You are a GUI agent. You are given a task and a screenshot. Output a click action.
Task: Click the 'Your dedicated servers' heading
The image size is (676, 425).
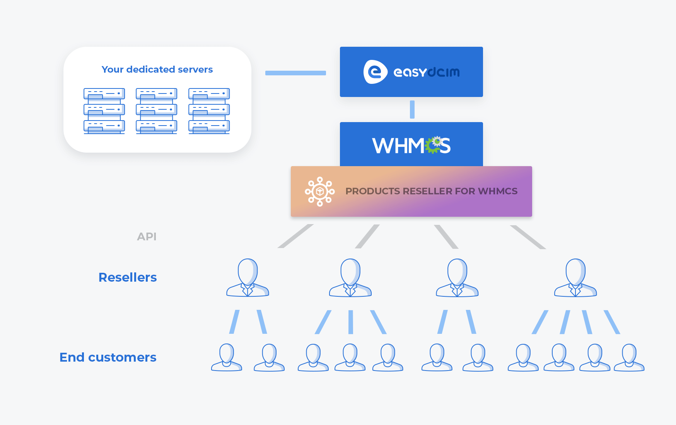coord(157,70)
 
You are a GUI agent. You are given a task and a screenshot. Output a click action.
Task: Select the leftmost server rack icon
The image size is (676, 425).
coord(104,111)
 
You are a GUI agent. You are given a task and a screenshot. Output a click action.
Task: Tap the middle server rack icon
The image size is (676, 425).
coord(156,111)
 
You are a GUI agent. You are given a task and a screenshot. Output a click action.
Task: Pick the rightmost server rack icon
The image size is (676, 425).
coord(209,111)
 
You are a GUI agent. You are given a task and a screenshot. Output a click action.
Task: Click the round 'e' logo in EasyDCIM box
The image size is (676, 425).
coord(375,72)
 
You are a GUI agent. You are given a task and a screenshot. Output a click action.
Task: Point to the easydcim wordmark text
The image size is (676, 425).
coord(426,72)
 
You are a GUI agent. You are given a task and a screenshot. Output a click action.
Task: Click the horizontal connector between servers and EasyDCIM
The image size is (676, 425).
coord(295,73)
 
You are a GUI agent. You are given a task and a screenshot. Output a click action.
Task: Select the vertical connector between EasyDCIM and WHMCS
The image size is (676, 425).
coord(412,109)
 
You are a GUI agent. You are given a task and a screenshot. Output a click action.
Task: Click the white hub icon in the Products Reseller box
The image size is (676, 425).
coord(319,191)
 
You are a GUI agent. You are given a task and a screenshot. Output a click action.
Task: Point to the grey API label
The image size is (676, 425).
coord(147,236)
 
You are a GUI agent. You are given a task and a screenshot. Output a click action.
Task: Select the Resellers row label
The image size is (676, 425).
coord(128,277)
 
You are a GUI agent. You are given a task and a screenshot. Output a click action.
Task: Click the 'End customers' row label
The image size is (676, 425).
coord(108,357)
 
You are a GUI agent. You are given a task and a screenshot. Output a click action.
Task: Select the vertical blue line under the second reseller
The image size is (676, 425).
coord(350,322)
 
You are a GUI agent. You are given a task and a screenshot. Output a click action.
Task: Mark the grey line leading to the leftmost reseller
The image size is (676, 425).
coord(295,236)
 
